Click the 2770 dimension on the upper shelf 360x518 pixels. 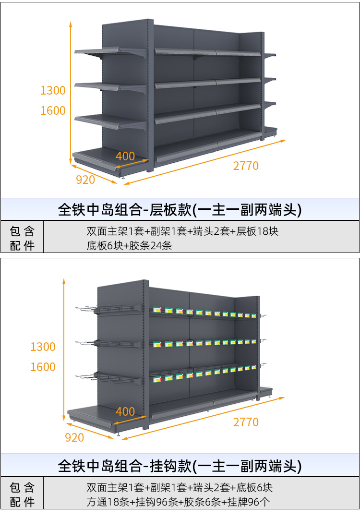pyautogui.click(x=246, y=166)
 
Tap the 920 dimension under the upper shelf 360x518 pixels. pyautogui.click(x=85, y=180)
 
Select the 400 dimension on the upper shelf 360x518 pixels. pyautogui.click(x=125, y=157)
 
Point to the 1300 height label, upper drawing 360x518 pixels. pyautogui.click(x=53, y=91)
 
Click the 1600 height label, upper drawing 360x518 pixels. pyautogui.click(x=53, y=111)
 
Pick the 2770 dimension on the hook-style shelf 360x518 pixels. pyautogui.click(x=246, y=422)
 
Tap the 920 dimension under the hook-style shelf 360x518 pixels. pyautogui.click(x=74, y=438)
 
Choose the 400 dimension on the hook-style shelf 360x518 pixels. pyautogui.click(x=125, y=412)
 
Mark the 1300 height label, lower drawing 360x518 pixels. pyautogui.click(x=43, y=347)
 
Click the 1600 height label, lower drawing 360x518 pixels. pyautogui.click(x=43, y=367)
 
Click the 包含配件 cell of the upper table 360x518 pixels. pyautogui.click(x=22, y=239)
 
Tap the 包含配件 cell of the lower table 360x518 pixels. pyautogui.click(x=22, y=495)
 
